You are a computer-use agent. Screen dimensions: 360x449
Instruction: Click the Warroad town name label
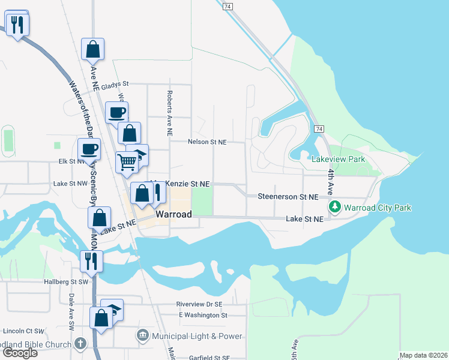(173, 214)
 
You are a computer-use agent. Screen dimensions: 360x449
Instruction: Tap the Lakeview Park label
(338, 160)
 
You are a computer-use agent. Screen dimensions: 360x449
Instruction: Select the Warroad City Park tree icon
(334, 208)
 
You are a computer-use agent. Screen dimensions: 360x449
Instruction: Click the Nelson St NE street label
(207, 142)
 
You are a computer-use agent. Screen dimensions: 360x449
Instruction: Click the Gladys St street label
(115, 85)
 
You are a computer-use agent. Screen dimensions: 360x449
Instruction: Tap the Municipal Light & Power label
(197, 336)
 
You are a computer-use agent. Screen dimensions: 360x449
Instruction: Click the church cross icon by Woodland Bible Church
(81, 344)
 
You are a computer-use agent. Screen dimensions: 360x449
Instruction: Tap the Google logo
(20, 353)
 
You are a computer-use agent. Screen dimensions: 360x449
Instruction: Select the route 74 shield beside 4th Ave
(319, 129)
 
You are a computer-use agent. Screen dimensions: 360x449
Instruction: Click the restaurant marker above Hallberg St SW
(92, 261)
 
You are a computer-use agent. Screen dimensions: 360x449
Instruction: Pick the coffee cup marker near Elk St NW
(89, 149)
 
